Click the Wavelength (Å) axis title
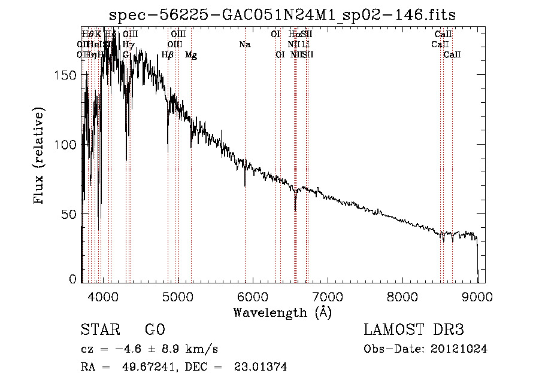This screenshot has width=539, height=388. click(x=282, y=312)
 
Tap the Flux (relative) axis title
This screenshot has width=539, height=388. click(x=40, y=157)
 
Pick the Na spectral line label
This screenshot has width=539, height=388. click(x=244, y=45)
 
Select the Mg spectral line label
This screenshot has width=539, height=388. click(x=191, y=55)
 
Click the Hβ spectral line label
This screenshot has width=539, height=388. click(x=168, y=55)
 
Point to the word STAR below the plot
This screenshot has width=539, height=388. click(x=98, y=330)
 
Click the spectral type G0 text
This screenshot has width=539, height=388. click(x=155, y=330)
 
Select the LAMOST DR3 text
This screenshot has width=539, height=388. click(x=414, y=330)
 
